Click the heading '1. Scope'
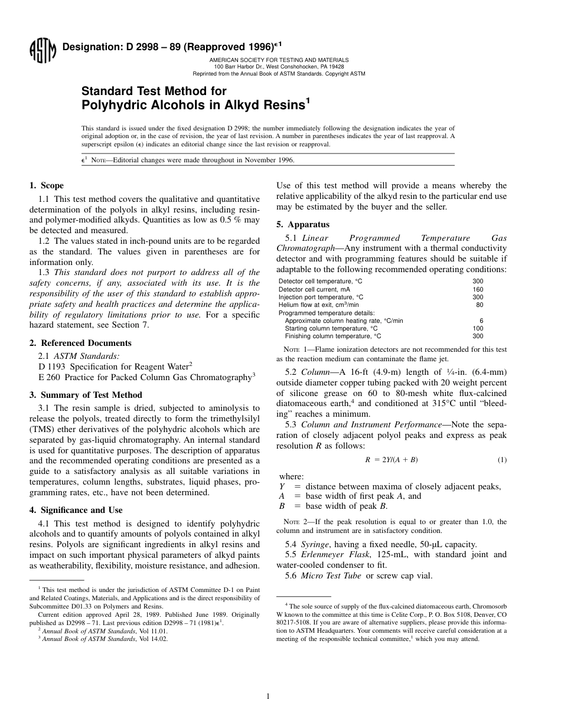47,185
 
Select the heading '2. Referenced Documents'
80,343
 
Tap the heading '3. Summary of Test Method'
86,395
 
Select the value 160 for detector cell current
478,289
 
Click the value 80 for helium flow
480,305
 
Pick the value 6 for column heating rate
481,321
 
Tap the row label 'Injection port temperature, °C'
321,297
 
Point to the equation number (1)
502,460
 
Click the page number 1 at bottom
268,696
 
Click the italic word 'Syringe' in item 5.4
315,545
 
